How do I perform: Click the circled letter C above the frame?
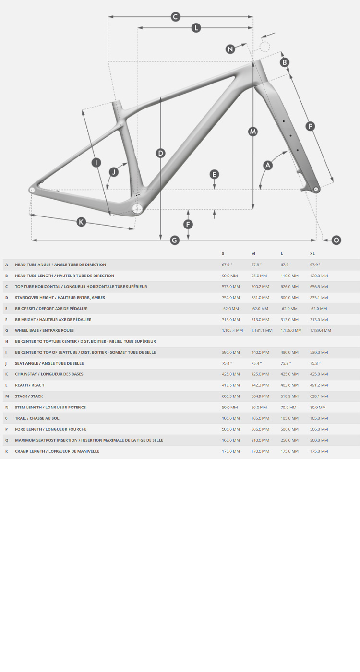coord(176,17)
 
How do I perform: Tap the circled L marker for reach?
coord(196,28)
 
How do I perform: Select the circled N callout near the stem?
coord(230,49)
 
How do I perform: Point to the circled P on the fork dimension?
coord(310,126)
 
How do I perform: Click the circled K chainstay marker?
coord(81,222)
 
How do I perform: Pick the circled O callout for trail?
coord(336,240)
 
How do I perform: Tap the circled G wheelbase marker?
coord(175,240)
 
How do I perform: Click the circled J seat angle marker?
coord(114,172)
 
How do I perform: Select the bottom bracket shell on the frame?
coord(137,208)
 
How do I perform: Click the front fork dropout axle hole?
coord(316,189)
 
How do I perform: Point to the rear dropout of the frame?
coord(32,190)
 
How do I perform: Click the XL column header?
coord(312,254)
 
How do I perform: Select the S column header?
coord(223,254)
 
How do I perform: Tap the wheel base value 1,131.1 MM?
coord(262,330)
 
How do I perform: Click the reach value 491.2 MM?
coord(319,385)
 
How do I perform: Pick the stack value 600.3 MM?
coord(231,396)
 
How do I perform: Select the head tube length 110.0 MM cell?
coord(289,276)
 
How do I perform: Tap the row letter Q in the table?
coord(7,440)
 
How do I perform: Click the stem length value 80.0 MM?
coord(318,408)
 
